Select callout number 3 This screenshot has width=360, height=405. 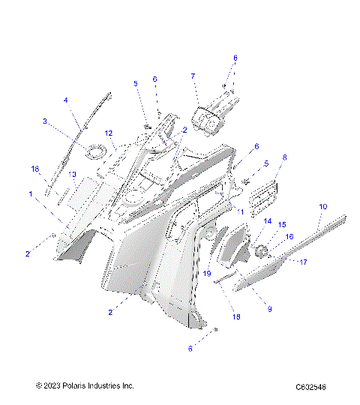click(45, 121)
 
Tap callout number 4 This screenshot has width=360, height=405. click(65, 100)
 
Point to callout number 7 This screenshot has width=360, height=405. click(192, 76)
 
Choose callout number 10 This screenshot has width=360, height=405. click(323, 205)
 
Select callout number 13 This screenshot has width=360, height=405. click(72, 174)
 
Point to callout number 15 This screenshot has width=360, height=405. click(283, 224)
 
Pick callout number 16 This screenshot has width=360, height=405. click(289, 236)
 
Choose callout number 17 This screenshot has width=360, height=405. click(304, 262)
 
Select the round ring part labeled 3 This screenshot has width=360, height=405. click(94, 153)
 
